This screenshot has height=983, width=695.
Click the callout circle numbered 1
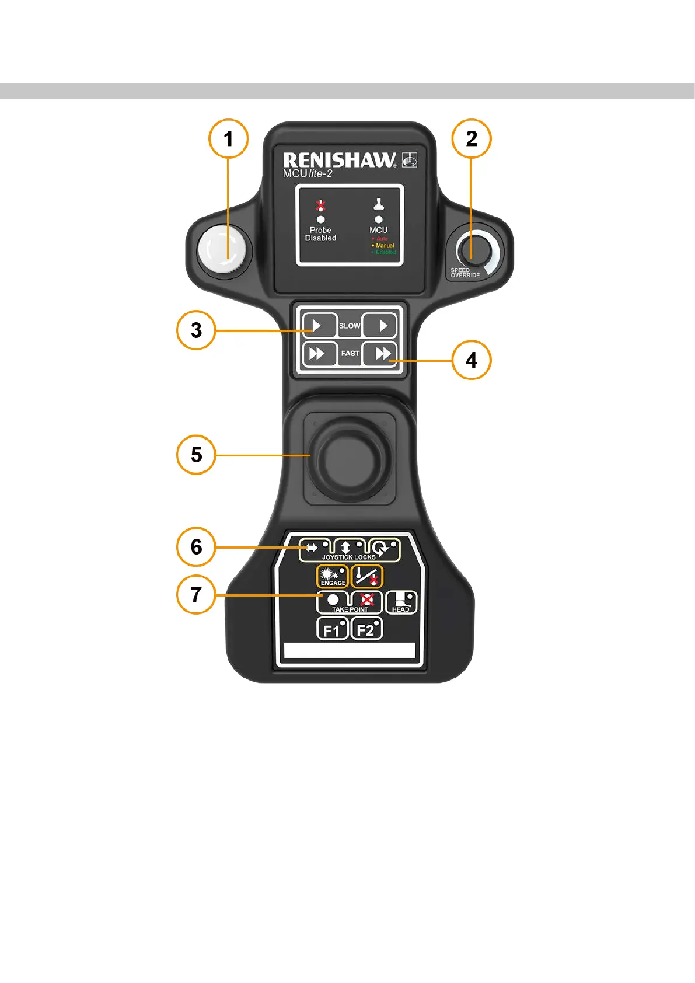tap(228, 139)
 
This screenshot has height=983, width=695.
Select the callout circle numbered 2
tap(472, 139)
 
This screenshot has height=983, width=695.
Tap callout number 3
tap(196, 330)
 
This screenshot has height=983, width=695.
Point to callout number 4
tap(472, 360)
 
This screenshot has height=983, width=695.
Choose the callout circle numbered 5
tap(196, 455)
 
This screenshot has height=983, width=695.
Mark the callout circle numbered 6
tap(196, 547)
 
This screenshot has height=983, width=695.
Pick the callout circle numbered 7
tap(196, 595)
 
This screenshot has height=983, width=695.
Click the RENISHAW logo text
tap(339, 160)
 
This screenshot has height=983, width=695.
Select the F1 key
tap(332, 629)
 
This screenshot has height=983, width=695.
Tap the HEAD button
tap(401, 602)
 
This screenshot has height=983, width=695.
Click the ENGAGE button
tap(332, 576)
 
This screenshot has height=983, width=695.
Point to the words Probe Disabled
tap(320, 234)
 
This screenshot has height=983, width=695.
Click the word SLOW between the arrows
tap(350, 326)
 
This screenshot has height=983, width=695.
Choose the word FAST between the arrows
tap(350, 353)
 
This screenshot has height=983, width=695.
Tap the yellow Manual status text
tap(385, 245)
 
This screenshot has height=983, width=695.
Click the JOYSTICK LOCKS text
tap(349, 557)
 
